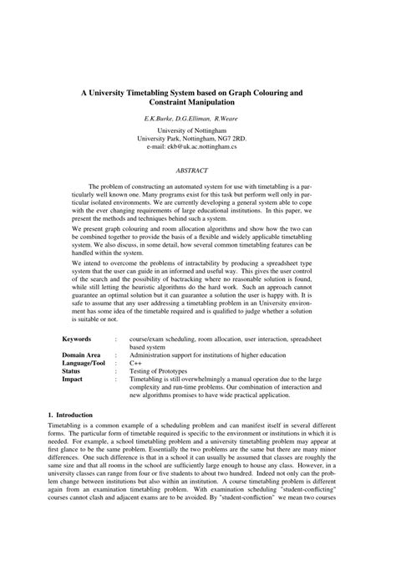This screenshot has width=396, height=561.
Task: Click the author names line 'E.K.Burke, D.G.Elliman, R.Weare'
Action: point(197,120)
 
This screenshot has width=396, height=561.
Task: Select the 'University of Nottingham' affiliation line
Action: point(197,131)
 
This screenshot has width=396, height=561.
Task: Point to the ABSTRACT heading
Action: point(197,170)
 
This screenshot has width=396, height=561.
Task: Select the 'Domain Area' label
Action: point(81,355)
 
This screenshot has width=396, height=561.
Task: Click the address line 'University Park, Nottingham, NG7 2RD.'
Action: point(197,139)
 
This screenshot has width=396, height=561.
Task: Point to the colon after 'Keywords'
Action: point(115,339)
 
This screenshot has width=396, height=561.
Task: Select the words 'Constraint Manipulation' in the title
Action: point(197,101)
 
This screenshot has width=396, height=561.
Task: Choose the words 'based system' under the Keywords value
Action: point(148,347)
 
